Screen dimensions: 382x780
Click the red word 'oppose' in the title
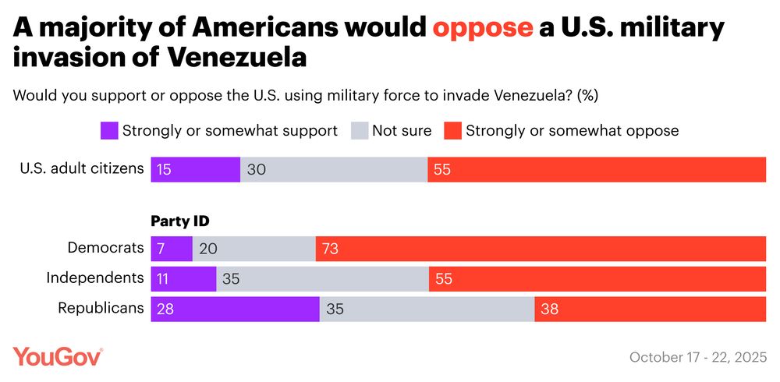coord(483,29)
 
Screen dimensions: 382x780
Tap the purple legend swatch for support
coord(108,130)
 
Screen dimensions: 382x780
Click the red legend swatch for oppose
coord(452,130)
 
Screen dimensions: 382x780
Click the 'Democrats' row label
coord(106,249)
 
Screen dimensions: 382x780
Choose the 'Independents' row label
coord(95,278)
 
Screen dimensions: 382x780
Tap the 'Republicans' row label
coord(101,308)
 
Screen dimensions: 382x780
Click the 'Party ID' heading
coord(180,221)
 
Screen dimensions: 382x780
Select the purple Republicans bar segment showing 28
coord(235,309)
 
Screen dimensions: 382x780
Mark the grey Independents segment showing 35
coord(322,279)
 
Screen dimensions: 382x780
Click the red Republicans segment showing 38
coord(650,309)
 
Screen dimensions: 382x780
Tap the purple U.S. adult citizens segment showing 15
coord(195,169)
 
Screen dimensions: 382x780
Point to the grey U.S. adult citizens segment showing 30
coord(334,169)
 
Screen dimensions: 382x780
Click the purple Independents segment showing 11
coord(183,279)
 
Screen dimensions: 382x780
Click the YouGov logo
coord(58,356)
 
